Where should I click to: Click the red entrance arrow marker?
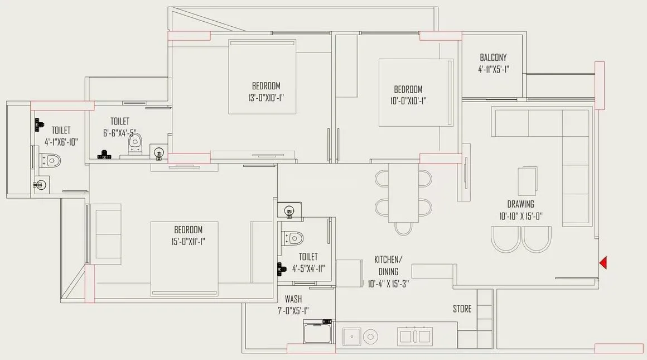tap(602, 262)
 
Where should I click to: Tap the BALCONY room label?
tap(493, 57)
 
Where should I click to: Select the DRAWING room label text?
tap(520, 204)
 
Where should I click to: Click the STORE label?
tap(462, 309)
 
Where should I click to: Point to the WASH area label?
tap(293, 299)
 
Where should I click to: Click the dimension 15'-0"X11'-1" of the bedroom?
tap(188, 241)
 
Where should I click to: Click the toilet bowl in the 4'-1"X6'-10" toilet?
tap(52, 160)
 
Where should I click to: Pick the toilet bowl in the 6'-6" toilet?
tap(135, 144)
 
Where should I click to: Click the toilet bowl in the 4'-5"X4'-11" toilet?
tap(293, 237)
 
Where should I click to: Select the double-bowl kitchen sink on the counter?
tap(414, 336)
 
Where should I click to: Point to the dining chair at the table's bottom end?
tap(403, 228)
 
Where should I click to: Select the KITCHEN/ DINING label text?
tap(388, 265)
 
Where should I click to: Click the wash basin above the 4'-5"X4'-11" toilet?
tap(289, 210)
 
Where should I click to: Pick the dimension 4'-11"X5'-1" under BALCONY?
tap(493, 70)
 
